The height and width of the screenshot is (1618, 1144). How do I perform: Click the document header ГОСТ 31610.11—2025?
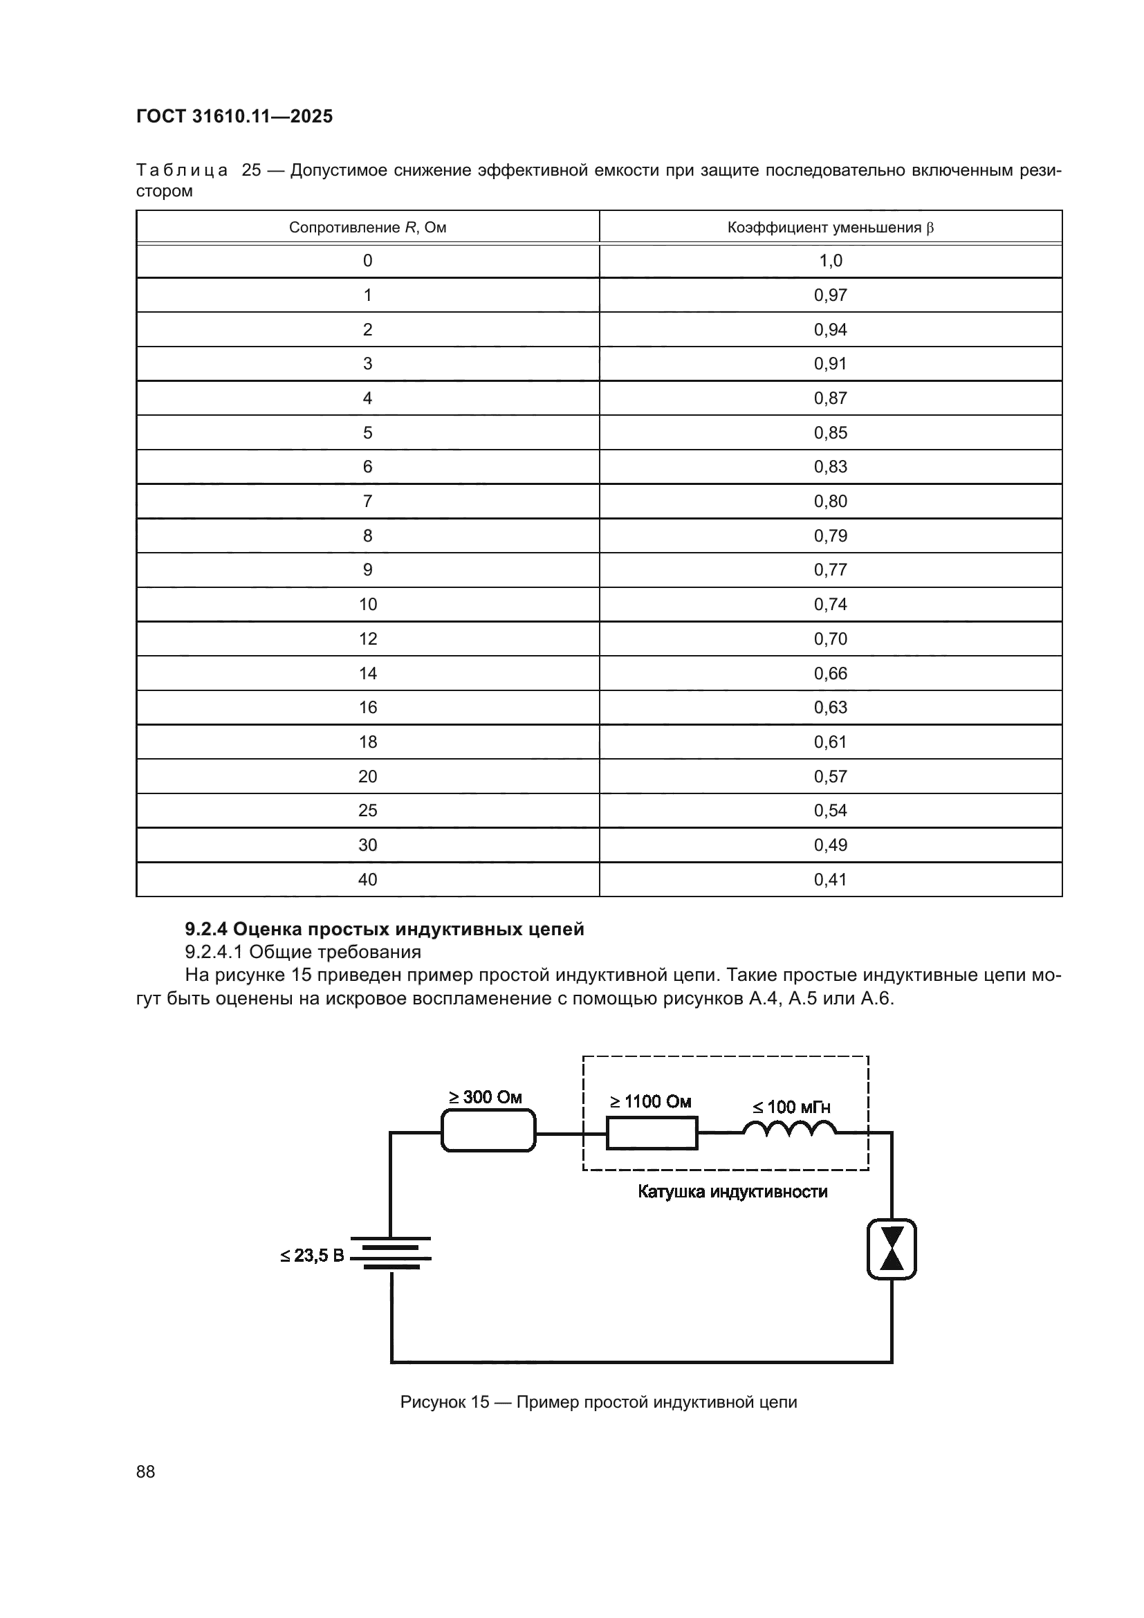(234, 117)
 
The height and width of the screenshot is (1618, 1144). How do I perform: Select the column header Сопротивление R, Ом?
(367, 228)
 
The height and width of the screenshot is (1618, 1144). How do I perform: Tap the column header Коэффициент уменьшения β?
(830, 228)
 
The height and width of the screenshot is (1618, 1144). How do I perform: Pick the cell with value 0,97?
(830, 295)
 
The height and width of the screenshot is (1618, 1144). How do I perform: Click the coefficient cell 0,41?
(830, 879)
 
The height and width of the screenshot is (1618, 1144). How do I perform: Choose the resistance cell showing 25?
(368, 811)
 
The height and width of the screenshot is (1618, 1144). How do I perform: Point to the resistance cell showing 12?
(368, 638)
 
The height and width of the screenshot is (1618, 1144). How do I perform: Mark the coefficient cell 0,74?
(830, 604)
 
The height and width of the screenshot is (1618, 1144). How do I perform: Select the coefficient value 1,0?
(830, 261)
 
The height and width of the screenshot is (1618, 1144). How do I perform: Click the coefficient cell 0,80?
(830, 501)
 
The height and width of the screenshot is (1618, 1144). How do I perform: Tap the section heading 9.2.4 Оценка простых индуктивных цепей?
(384, 929)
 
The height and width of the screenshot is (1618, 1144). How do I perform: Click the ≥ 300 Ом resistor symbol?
(488, 1131)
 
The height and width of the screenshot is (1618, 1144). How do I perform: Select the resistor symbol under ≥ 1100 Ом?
(652, 1132)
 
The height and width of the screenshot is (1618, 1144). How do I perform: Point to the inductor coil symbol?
(789, 1129)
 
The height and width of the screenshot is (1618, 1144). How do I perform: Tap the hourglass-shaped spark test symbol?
(891, 1249)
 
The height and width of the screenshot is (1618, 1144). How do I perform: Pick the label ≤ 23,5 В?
(312, 1255)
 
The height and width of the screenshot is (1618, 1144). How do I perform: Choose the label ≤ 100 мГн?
(791, 1107)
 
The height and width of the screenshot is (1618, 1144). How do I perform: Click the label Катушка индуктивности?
(732, 1192)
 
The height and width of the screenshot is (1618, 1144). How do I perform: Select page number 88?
(146, 1471)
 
